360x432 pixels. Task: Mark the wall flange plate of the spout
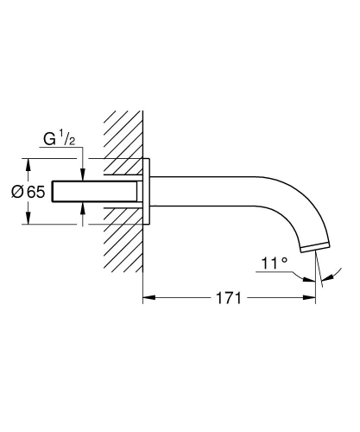click(148, 190)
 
